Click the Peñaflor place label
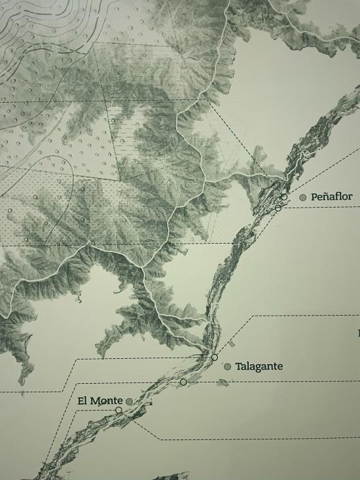(332, 196)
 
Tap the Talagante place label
(259, 366)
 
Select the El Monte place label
(100, 401)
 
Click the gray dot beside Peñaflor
(303, 197)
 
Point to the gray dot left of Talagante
(227, 367)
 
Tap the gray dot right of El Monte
(130, 401)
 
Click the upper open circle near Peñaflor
(284, 196)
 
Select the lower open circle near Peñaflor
(278, 208)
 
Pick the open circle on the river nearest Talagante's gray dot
(214, 358)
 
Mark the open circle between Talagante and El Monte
(183, 382)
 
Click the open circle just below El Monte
(118, 410)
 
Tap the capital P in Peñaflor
(315, 196)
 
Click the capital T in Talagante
(239, 366)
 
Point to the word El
(82, 401)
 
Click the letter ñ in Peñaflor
(328, 196)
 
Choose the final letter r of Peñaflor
(350, 196)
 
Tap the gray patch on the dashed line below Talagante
(223, 383)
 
